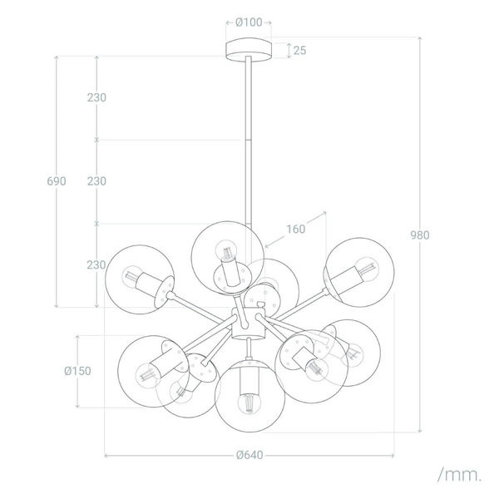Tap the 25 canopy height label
coord(299,51)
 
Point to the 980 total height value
coord(420,235)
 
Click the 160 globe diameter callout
coord(295,229)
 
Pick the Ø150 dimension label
coord(77,372)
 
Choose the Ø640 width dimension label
coord(249,455)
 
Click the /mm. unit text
coord(459,475)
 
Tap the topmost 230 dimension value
coord(96,97)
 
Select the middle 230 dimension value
coord(96,181)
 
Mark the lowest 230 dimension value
coord(96,265)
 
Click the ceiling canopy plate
coord(249,48)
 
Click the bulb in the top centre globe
coord(225,249)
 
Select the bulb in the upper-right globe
coord(365,269)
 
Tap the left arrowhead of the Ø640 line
coord(107,455)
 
